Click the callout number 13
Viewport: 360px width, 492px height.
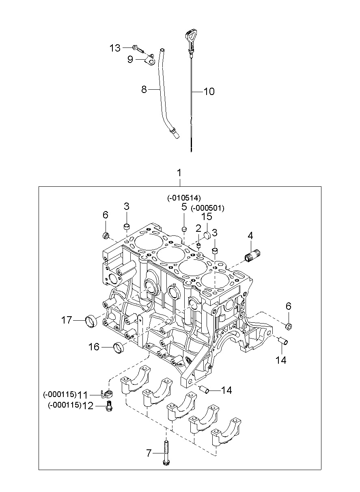[x=115, y=48]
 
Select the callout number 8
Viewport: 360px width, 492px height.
[x=144, y=89]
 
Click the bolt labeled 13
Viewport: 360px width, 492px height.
[x=138, y=49]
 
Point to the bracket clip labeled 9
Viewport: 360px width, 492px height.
[x=151, y=60]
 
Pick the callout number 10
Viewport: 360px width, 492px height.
[x=209, y=91]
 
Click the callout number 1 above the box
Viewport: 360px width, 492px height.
[x=179, y=173]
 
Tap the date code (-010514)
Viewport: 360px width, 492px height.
[x=184, y=198]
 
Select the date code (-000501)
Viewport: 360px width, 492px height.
[x=207, y=208]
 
